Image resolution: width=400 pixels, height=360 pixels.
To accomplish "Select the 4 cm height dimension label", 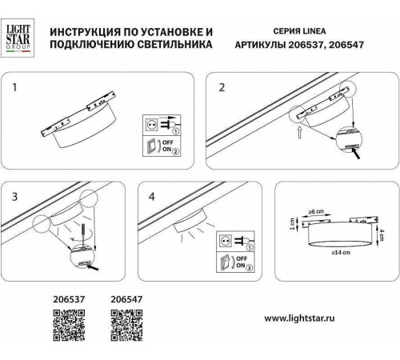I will point(384,232).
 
